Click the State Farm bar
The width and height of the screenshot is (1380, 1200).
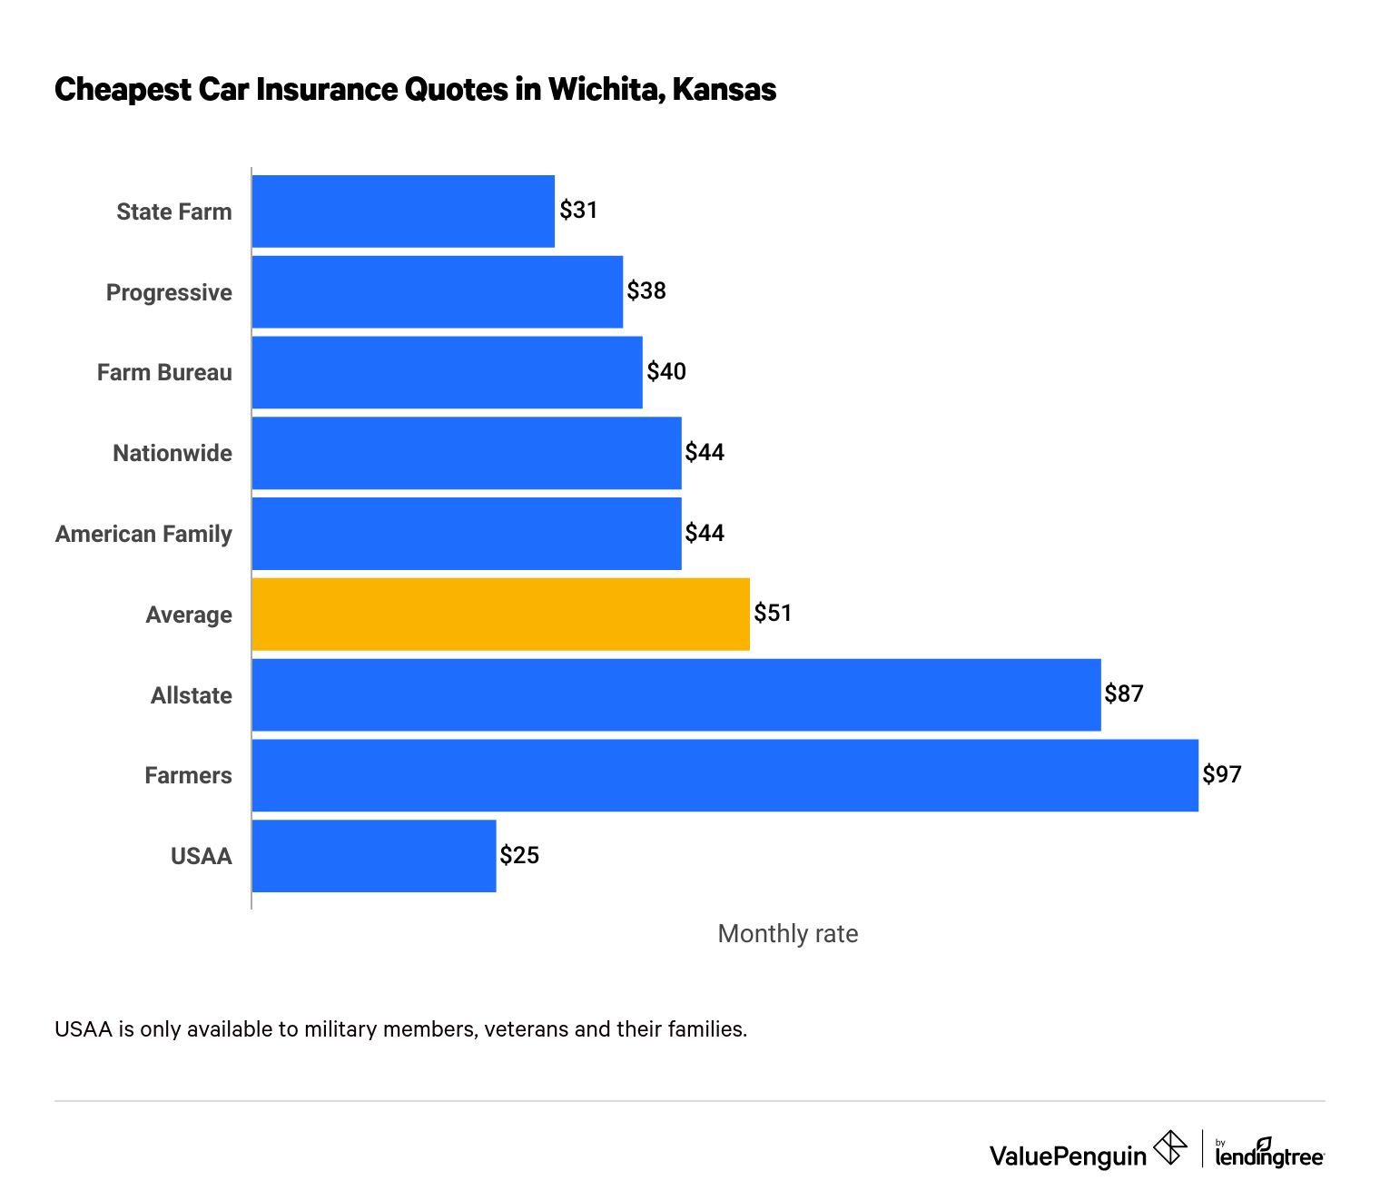point(403,211)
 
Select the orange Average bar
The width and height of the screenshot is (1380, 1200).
point(500,614)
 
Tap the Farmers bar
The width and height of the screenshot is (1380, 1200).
point(724,775)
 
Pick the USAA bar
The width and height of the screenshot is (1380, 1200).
point(374,856)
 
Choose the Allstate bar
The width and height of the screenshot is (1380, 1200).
point(676,694)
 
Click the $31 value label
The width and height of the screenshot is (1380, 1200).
point(578,211)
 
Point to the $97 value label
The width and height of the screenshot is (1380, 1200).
point(1222,774)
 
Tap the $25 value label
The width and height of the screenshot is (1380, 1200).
point(519,855)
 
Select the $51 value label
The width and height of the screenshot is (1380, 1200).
point(773,614)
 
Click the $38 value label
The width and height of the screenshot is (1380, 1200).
point(646,290)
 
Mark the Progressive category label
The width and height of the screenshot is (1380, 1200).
point(169,292)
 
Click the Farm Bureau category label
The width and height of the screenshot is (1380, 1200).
point(164,373)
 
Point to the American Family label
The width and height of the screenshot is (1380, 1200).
point(143,534)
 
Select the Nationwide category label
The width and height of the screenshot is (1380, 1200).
point(172,453)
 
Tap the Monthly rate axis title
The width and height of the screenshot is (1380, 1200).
point(787,934)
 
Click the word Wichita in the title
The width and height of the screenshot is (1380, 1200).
point(605,90)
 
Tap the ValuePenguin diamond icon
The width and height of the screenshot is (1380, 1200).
point(1169,1148)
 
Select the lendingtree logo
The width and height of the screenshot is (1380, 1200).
point(1269,1153)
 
